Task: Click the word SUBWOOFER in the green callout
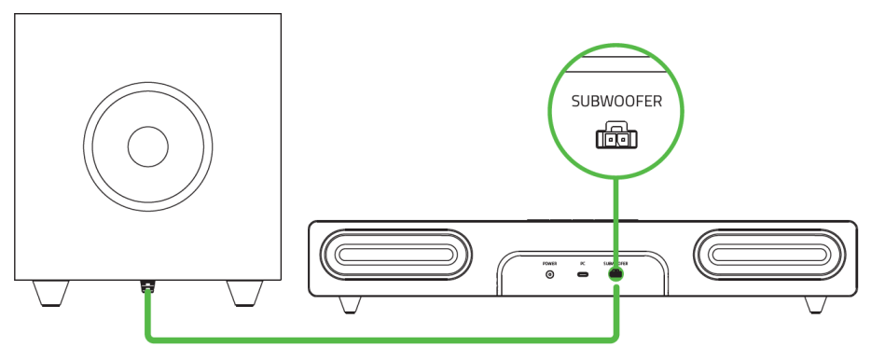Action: point(616,102)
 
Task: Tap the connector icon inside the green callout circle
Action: point(616,137)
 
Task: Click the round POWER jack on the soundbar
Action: point(549,275)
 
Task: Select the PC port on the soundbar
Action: point(582,275)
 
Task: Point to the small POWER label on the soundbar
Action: point(549,263)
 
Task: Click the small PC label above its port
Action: point(582,263)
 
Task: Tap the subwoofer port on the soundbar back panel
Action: point(615,275)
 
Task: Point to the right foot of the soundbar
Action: point(814,305)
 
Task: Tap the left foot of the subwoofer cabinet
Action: point(52,294)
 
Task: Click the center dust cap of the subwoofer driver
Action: point(147,146)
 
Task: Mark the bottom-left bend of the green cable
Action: point(148,337)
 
